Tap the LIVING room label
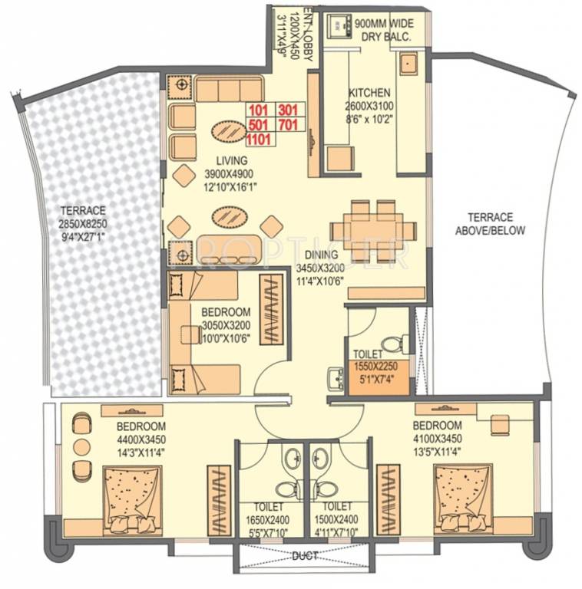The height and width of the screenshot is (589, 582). [231, 160]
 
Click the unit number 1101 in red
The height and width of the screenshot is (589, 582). [259, 138]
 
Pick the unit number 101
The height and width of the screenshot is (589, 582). [259, 109]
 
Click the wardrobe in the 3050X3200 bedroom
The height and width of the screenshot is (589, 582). [273, 309]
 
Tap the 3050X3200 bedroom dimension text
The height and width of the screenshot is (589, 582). [226, 324]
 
